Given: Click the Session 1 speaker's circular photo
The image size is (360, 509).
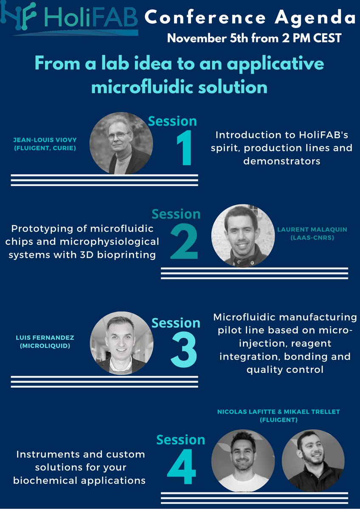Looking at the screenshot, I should (x=121, y=143).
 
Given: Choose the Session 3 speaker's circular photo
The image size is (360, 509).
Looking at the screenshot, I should (x=121, y=343).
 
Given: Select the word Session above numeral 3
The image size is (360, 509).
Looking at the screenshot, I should (x=176, y=323).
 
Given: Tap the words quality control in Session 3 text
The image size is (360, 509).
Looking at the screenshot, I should (x=285, y=369).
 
